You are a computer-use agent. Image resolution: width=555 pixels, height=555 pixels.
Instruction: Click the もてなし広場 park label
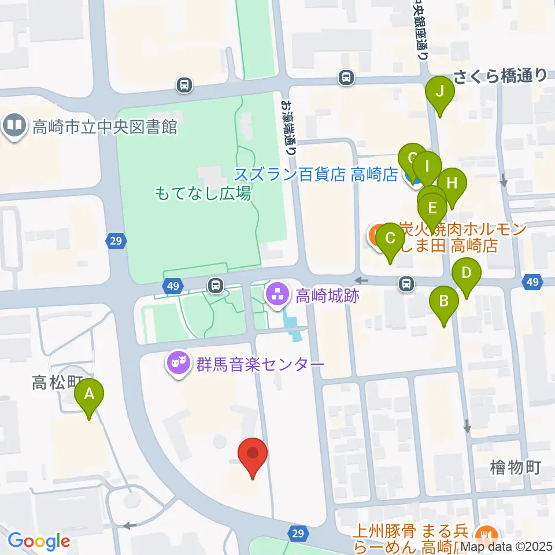[x=203, y=193]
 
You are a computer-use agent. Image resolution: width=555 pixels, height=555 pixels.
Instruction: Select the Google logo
[x=39, y=541]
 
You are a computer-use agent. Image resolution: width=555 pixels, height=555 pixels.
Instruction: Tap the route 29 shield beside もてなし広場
[x=116, y=240]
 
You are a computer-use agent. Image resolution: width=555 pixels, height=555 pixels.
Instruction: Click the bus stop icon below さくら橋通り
[x=346, y=76]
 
